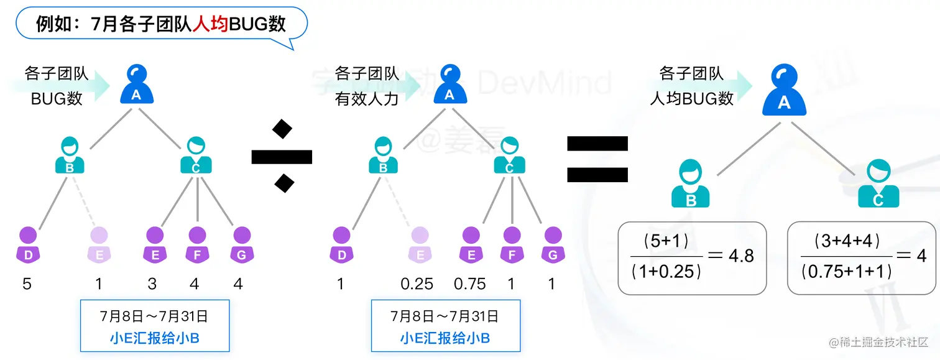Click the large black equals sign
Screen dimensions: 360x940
click(x=597, y=159)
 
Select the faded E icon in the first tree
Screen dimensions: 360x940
click(x=99, y=244)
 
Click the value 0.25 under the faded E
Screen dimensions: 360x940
click(x=417, y=284)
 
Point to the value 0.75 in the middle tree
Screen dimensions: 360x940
click(x=469, y=284)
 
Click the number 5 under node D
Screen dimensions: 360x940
click(x=27, y=284)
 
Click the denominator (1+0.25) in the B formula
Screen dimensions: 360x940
click(x=666, y=270)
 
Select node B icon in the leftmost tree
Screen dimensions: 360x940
click(x=70, y=155)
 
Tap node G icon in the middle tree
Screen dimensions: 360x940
click(x=552, y=244)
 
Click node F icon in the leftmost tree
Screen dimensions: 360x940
click(x=196, y=244)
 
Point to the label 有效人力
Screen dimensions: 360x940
click(x=367, y=99)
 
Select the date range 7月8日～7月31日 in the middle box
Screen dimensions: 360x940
click(x=445, y=316)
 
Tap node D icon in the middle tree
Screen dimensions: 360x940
click(x=341, y=244)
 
